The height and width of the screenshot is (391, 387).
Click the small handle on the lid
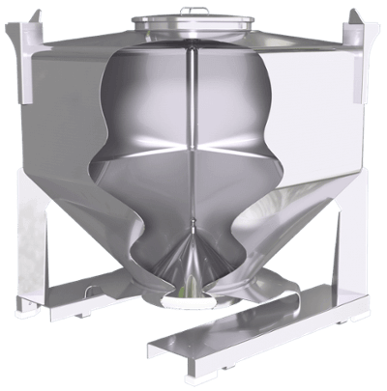[x=193, y=12]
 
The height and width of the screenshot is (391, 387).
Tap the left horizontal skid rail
[x=97, y=290]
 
